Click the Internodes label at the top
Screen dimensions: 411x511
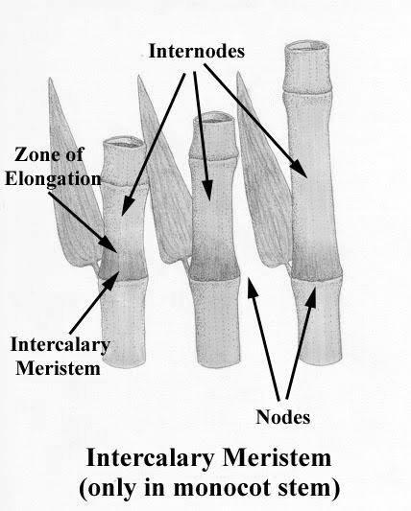click(196, 52)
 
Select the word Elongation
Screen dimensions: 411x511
click(53, 179)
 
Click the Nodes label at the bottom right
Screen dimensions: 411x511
click(282, 417)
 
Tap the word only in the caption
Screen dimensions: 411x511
click(111, 489)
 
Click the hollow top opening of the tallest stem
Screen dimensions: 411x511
click(306, 47)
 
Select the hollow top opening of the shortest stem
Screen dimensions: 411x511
click(124, 143)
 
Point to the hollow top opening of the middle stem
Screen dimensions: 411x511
click(214, 118)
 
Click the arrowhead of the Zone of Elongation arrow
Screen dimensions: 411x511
click(110, 244)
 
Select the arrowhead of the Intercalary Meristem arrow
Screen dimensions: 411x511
click(111, 281)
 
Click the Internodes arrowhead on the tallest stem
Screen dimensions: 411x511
click(300, 170)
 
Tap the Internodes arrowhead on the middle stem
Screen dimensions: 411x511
click(207, 192)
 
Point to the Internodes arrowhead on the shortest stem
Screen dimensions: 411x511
click(127, 206)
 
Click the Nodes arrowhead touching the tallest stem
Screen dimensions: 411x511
click(312, 296)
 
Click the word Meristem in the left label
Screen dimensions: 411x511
click(58, 368)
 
